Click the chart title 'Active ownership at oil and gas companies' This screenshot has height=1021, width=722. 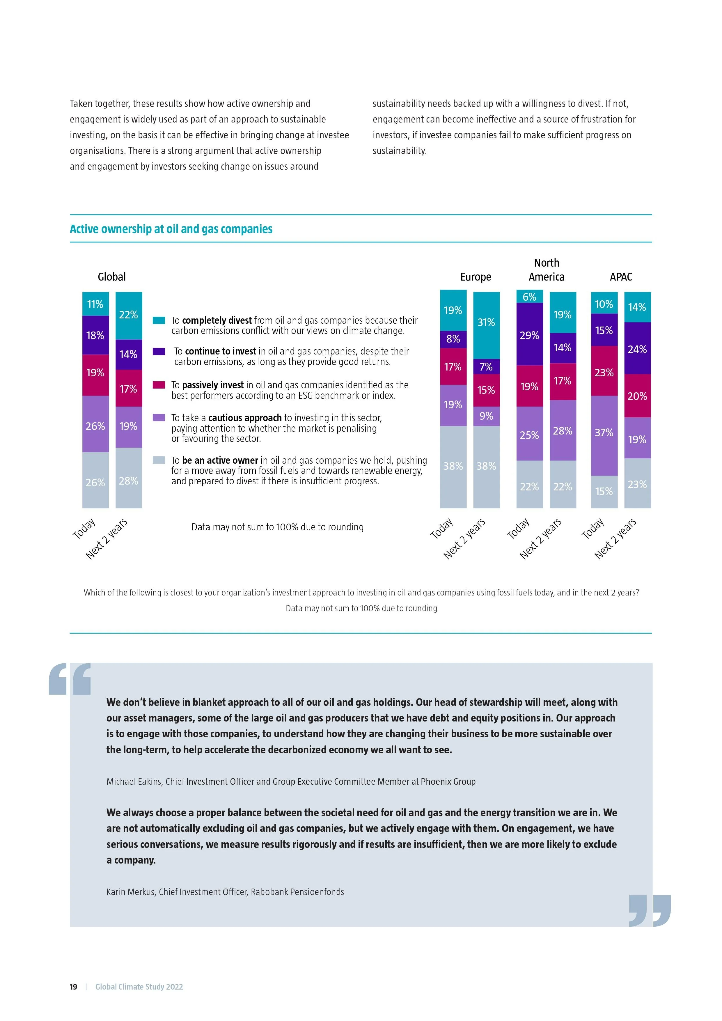(x=171, y=229)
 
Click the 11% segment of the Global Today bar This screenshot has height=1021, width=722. (x=95, y=304)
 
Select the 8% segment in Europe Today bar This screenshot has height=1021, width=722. (x=453, y=339)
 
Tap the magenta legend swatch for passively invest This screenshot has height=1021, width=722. (x=159, y=385)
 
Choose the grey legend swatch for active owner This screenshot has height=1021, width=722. (x=159, y=460)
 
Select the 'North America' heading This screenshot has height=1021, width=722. (x=547, y=270)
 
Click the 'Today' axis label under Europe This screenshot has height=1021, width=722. (x=442, y=528)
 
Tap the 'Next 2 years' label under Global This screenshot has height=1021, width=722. (x=107, y=538)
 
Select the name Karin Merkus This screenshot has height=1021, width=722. (x=131, y=891)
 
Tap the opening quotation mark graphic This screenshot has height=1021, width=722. (x=70, y=679)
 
